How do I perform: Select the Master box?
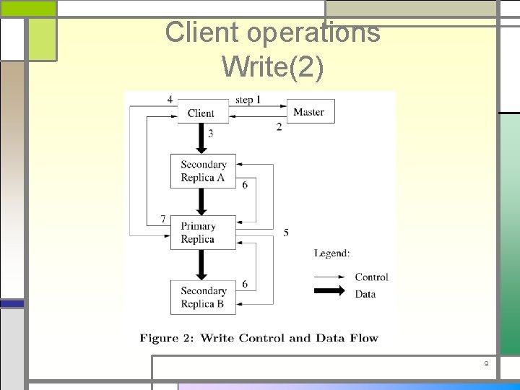pos(308,111)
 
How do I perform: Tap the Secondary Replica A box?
pos(203,171)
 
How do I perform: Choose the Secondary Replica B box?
pos(203,297)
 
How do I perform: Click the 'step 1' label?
pos(248,100)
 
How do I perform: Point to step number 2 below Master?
pos(279,127)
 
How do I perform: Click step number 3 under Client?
pos(210,133)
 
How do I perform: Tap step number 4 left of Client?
pos(170,100)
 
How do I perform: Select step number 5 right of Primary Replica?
pos(286,233)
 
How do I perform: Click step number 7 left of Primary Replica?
pos(163,218)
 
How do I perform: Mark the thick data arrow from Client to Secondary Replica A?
pos(201,138)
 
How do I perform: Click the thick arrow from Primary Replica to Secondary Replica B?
pos(201,264)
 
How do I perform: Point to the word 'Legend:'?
pos(332,253)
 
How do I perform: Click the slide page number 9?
pos(486,364)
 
